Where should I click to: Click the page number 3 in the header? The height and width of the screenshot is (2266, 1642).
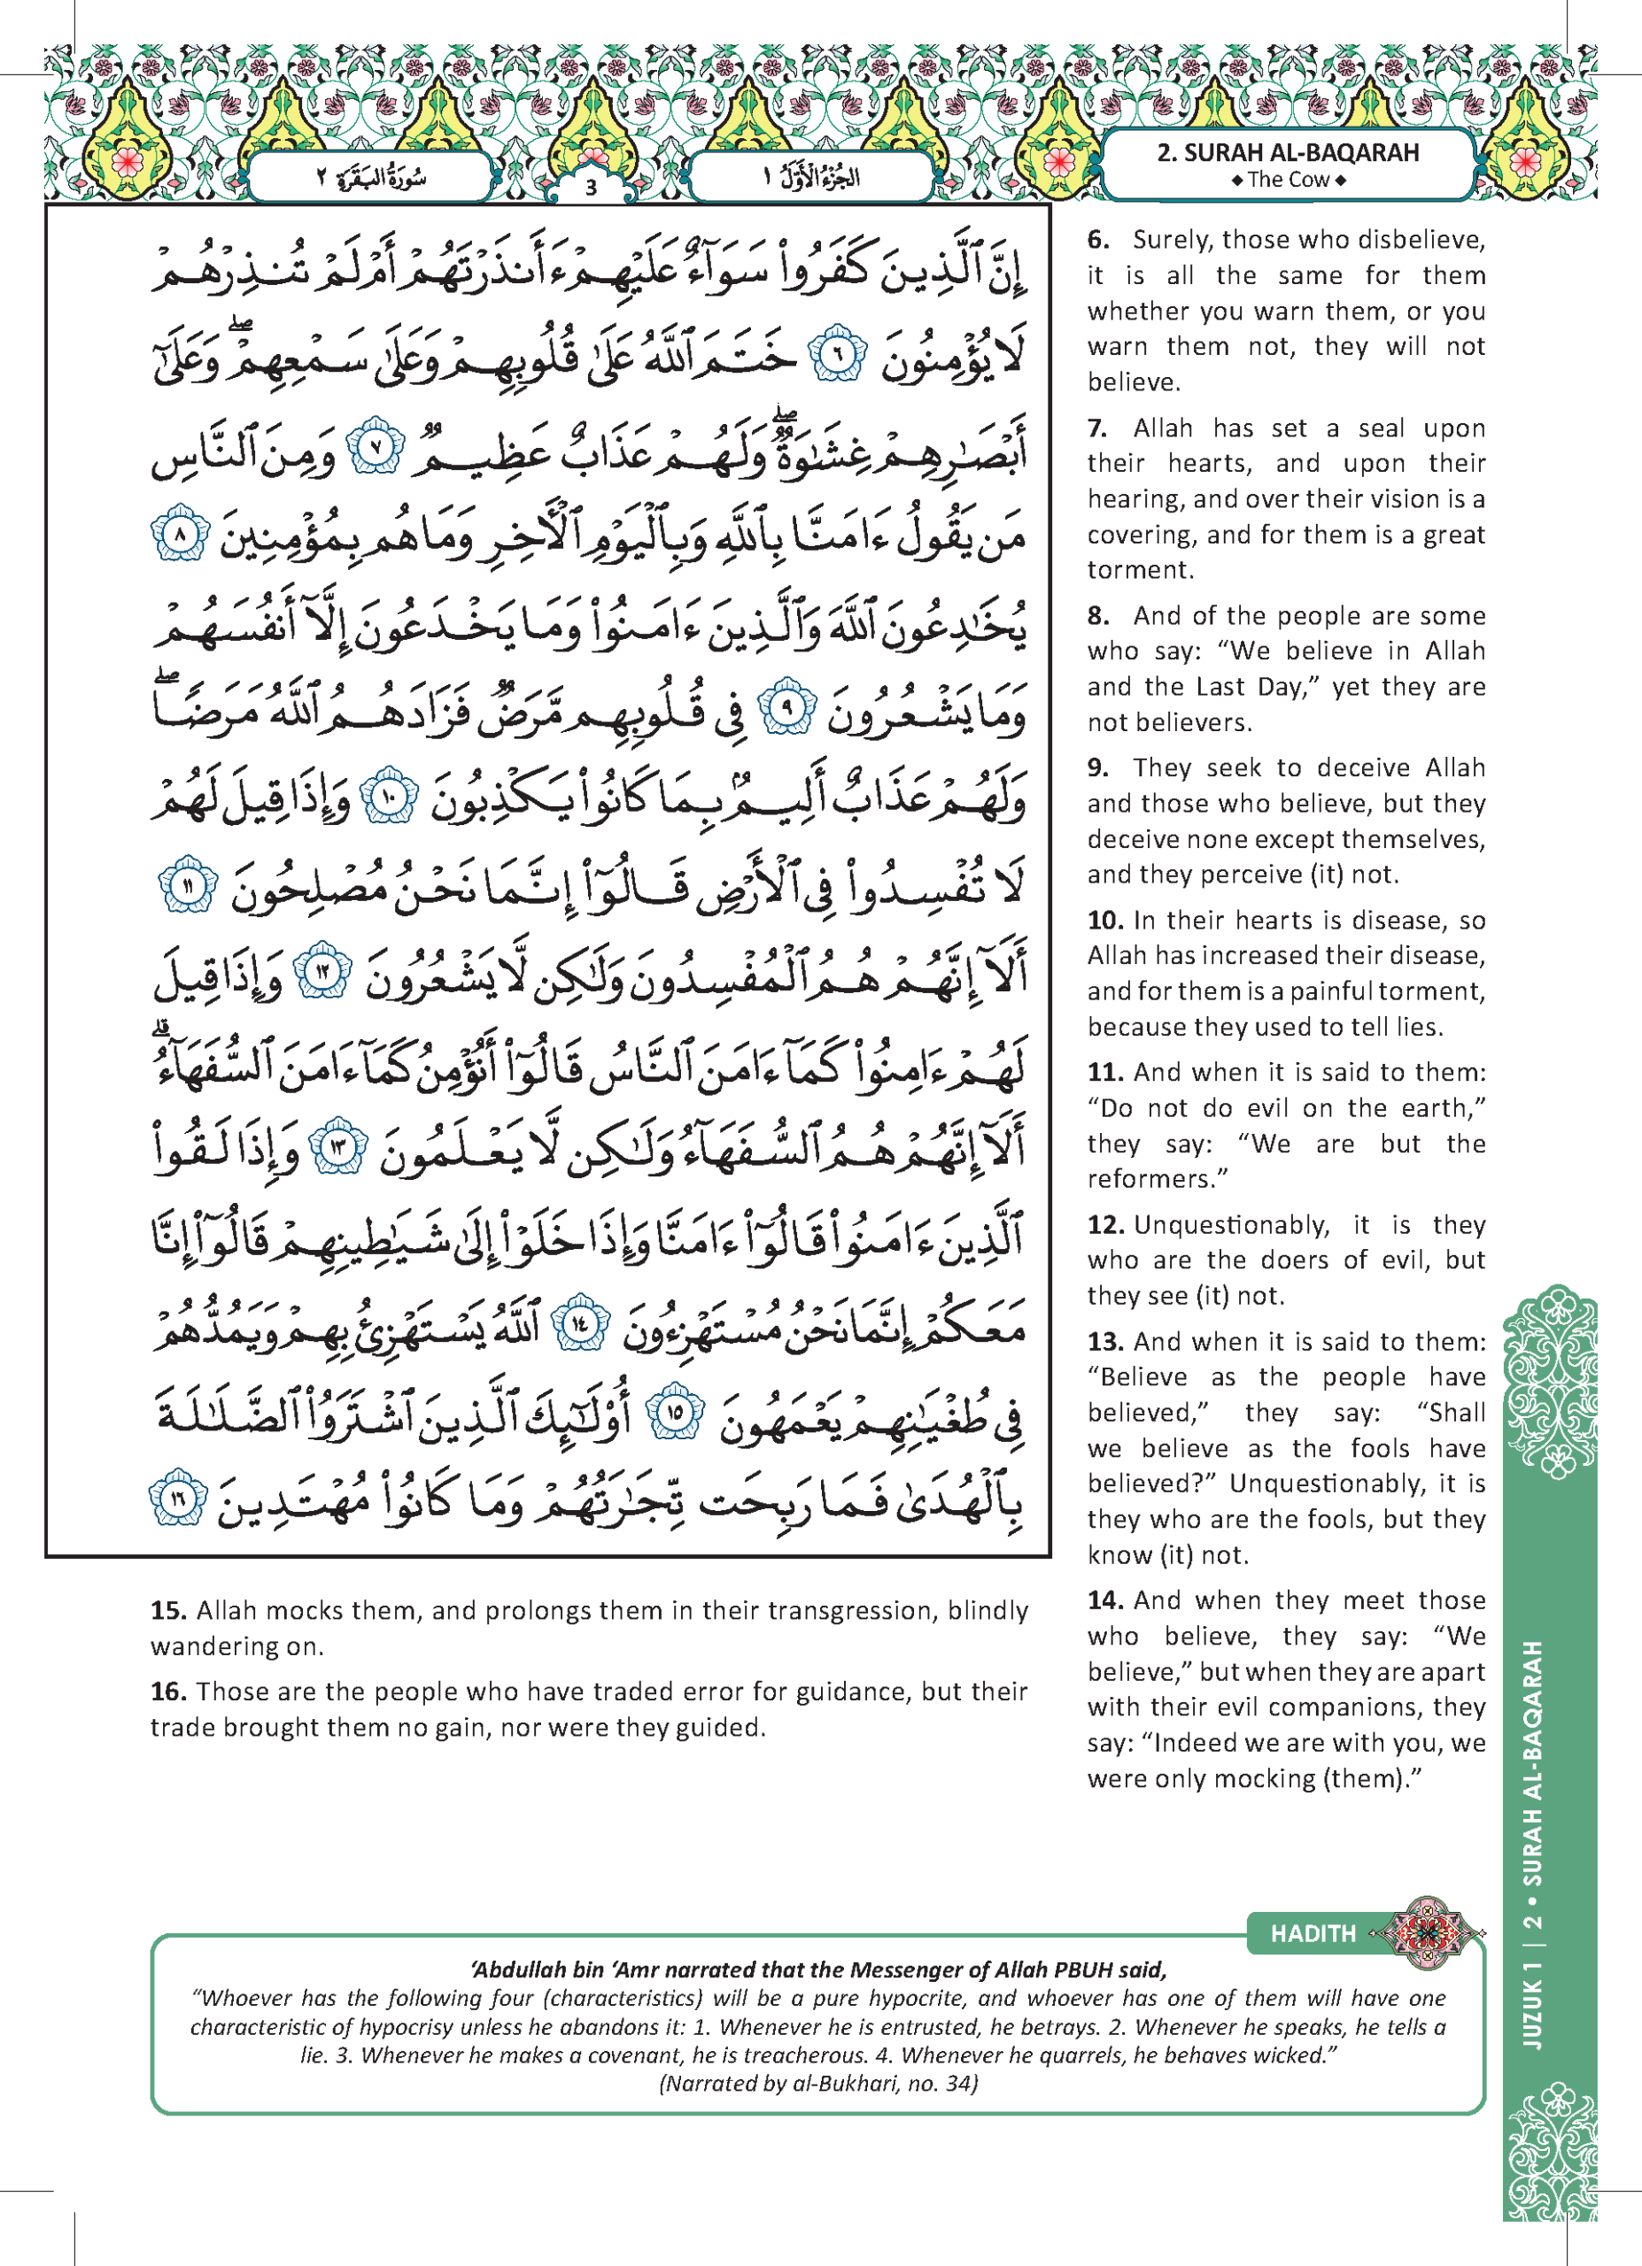(591, 187)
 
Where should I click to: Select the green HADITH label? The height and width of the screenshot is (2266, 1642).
(1313, 1933)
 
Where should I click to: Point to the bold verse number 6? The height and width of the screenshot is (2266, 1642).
(1098, 240)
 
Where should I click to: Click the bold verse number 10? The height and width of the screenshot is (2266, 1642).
(1105, 921)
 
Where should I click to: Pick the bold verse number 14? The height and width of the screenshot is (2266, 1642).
(1104, 1599)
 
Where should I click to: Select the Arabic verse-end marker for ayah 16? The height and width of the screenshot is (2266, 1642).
(178, 1496)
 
